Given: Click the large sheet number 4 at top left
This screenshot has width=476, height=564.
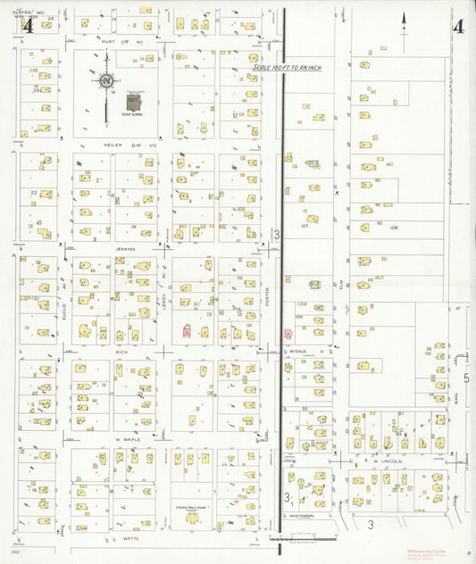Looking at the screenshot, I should tap(27, 25).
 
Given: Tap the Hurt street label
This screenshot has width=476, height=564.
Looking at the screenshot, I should tap(111, 40).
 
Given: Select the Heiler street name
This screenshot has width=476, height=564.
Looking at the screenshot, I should tap(113, 143).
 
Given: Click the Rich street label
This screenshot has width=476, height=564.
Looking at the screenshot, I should tap(122, 352).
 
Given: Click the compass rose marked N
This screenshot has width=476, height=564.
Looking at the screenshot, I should tap(106, 82).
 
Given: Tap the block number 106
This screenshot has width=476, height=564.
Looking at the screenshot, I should tap(393, 228).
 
